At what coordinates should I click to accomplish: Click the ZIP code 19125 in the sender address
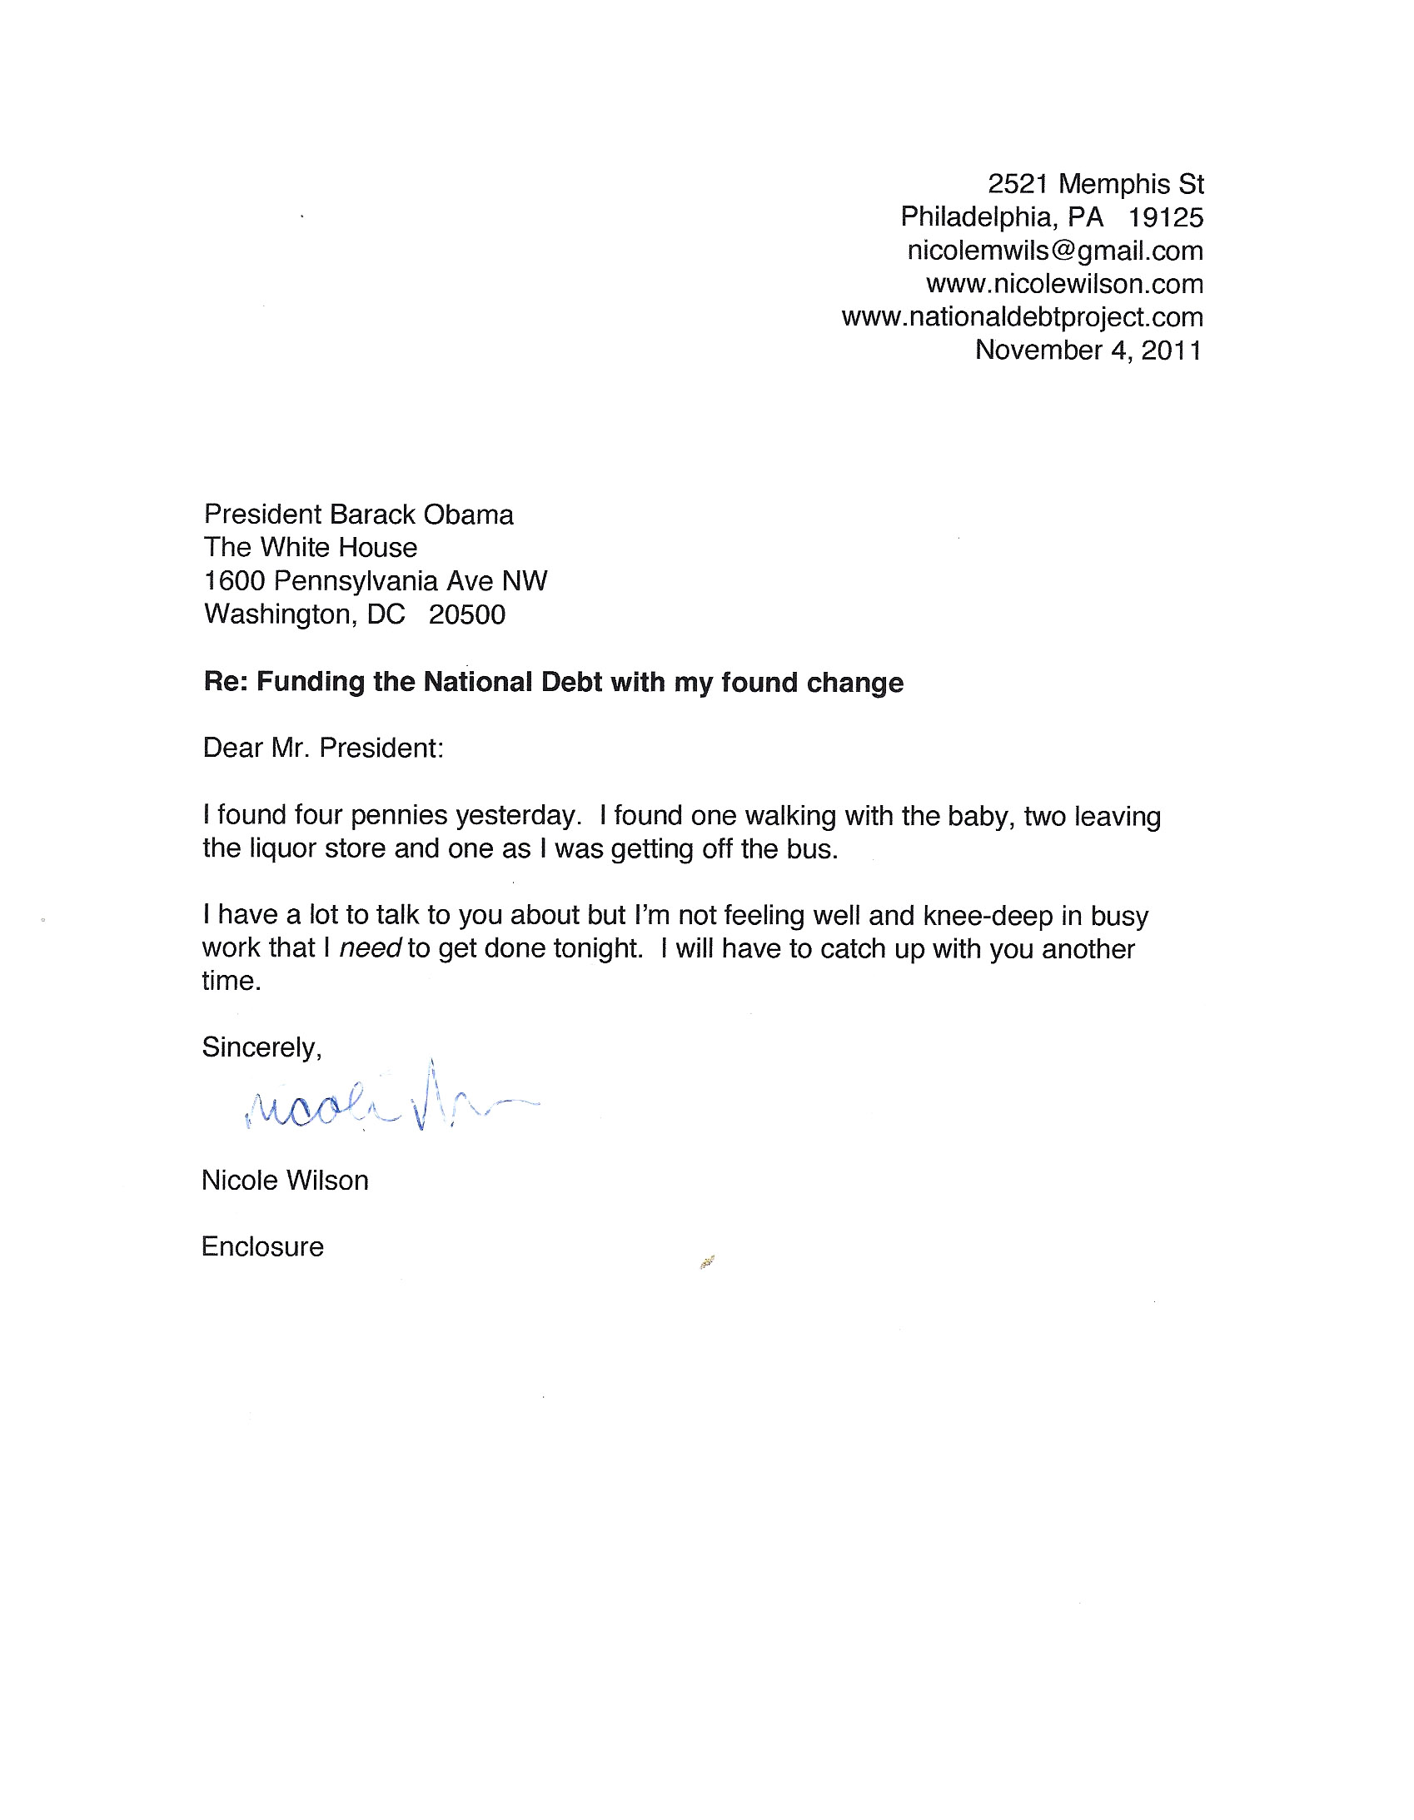[x=1165, y=217]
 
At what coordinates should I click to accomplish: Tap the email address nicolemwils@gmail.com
[x=1054, y=251]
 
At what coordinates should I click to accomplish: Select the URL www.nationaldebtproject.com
[x=1022, y=317]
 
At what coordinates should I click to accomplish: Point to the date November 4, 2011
[x=1088, y=350]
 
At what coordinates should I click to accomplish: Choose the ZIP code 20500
[x=467, y=615]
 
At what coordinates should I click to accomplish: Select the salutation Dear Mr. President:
[x=322, y=748]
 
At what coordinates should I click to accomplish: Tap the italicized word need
[x=371, y=949]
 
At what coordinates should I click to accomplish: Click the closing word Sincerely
[x=261, y=1047]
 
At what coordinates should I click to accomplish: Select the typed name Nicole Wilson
[x=284, y=1181]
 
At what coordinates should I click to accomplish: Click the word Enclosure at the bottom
[x=261, y=1246]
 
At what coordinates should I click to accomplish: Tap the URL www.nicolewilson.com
[x=1064, y=284]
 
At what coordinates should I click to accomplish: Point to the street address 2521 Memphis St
[x=1095, y=184]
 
